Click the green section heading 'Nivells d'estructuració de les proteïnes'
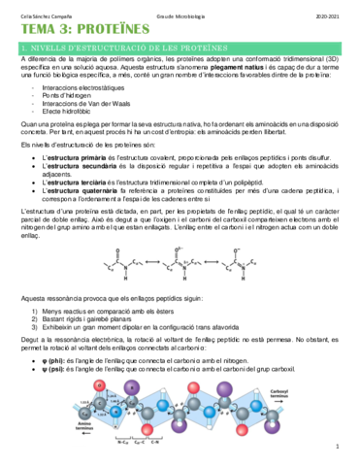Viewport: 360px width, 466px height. pyautogui.click(x=126, y=46)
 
